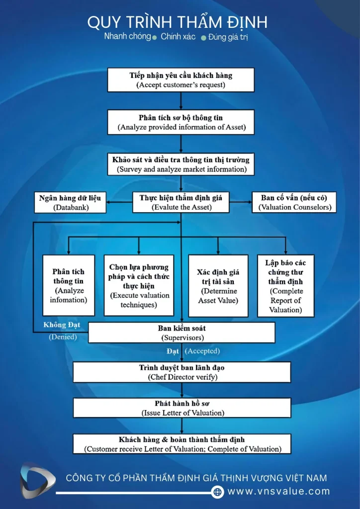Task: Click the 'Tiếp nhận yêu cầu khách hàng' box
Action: point(181,80)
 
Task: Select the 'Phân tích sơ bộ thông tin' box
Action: point(181,122)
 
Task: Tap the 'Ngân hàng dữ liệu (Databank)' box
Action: point(70,203)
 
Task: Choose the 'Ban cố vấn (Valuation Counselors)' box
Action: point(294,202)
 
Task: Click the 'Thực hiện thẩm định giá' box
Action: point(181,202)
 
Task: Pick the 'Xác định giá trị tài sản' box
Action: point(218,286)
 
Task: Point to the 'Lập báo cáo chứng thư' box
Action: point(285,286)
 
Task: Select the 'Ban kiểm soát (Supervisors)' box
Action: point(182,333)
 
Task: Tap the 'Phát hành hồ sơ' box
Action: point(182,408)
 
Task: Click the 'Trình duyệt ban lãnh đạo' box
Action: point(182,372)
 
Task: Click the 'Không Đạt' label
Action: point(62,325)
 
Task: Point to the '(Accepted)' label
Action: point(202,351)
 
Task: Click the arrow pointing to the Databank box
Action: point(119,202)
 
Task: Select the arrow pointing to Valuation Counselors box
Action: point(241,202)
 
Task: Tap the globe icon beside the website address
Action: point(217,492)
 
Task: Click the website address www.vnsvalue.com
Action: point(278,492)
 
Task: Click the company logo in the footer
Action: point(37,481)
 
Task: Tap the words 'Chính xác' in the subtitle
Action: point(178,37)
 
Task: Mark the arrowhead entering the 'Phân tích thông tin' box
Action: point(68,252)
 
